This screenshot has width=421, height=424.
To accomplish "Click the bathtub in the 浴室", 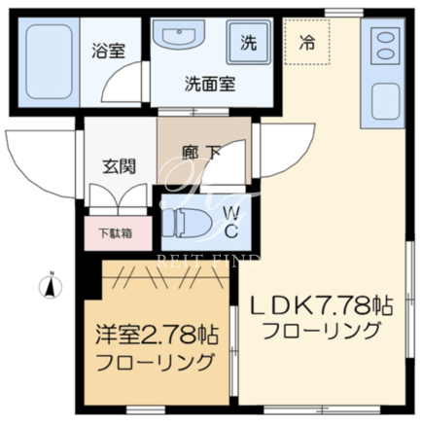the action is point(49,61).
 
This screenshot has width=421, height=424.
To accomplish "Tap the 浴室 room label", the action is point(108,51).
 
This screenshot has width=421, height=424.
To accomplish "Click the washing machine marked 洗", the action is point(248,42).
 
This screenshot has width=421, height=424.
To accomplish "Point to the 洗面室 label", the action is point(210,84).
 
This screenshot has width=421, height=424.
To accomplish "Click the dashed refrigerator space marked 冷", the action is point(307,42).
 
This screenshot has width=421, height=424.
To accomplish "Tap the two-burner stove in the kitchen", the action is point(385,46).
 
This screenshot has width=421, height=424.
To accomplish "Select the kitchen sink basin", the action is point(385,101).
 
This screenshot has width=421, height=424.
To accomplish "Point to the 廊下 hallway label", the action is point(201,153).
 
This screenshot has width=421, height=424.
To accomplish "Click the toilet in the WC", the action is point(186,223).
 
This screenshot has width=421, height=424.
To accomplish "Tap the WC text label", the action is point(231,223).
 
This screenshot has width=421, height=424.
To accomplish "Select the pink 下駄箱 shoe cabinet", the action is point(118,233).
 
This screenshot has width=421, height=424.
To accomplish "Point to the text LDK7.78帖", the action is point(322,306).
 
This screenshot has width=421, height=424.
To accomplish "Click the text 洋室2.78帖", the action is point(157,335).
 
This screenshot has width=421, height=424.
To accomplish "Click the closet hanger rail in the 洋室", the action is point(165,277).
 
